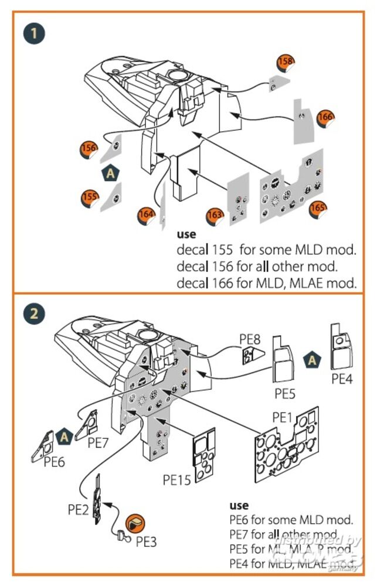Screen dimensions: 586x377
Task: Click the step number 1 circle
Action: [35, 33]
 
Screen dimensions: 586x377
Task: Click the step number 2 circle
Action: [35, 313]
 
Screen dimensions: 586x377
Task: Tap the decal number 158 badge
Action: [286, 62]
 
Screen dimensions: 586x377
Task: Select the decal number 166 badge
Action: [325, 117]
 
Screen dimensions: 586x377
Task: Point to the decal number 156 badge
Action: [89, 149]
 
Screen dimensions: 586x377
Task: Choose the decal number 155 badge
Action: [89, 197]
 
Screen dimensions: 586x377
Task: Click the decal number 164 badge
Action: [146, 214]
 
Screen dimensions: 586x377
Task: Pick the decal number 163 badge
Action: [215, 216]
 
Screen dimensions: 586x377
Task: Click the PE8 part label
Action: [250, 339]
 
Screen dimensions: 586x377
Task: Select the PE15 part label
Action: [178, 481]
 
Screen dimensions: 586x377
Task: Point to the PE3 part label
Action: [146, 542]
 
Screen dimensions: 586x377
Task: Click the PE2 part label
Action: [78, 509]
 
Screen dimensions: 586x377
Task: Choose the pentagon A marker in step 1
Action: [109, 173]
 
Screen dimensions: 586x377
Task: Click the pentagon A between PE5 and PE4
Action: [313, 360]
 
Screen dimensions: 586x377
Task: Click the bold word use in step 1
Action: [186, 234]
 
